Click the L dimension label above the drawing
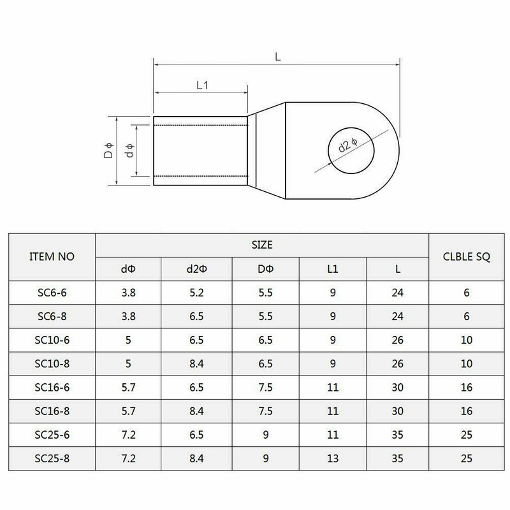click(x=277, y=57)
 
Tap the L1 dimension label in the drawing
click(x=202, y=85)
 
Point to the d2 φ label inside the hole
click(x=348, y=145)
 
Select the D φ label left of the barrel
click(x=108, y=150)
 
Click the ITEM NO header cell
click(x=52, y=257)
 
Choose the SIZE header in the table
click(x=262, y=245)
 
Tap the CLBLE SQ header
click(x=467, y=257)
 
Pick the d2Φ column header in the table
click(x=196, y=269)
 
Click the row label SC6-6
click(x=52, y=293)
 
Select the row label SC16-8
click(x=52, y=411)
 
